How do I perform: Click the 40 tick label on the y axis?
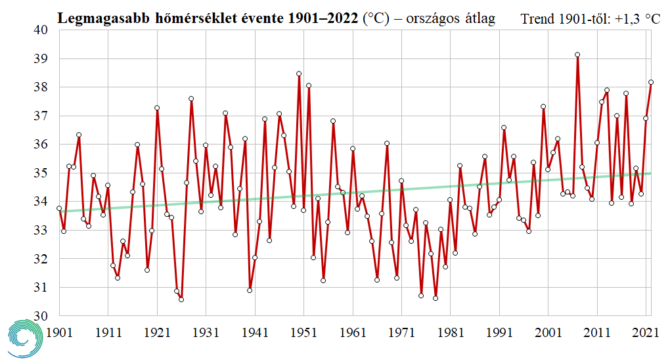coord(41,30)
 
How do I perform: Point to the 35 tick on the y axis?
coord(41,173)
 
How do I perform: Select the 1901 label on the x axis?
coord(60,333)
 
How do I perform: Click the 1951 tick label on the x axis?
coord(303,333)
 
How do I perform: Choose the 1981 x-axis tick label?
coord(449,333)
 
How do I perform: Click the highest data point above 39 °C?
coord(577,55)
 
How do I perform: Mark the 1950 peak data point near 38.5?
coord(299,74)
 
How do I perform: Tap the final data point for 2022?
coord(651,82)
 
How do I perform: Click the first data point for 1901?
coord(59,208)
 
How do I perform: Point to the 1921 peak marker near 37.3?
coord(157,108)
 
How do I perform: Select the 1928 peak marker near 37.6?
coord(191,99)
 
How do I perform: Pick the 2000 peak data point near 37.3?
coord(543,106)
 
